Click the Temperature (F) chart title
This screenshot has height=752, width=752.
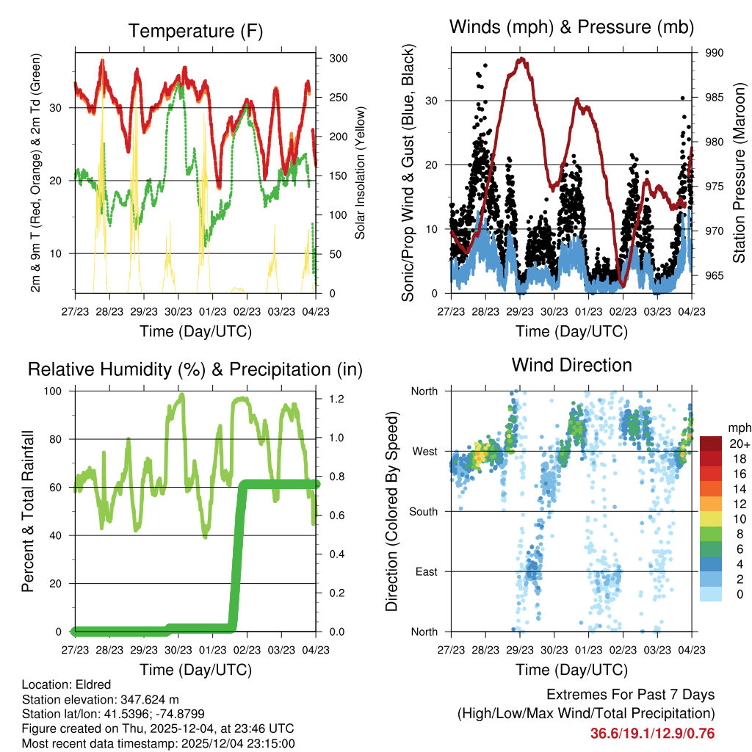[x=195, y=31]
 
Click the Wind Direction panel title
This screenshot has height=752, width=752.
[x=571, y=365]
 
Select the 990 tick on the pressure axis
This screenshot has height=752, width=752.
[x=715, y=53]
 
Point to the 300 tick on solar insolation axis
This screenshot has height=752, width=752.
[x=338, y=59]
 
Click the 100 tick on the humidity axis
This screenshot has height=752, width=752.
[x=55, y=391]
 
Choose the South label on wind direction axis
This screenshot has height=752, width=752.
[x=424, y=511]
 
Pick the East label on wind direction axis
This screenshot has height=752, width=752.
[x=427, y=571]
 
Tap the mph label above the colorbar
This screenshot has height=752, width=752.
[x=737, y=427]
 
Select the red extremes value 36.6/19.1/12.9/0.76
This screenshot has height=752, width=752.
[x=652, y=734]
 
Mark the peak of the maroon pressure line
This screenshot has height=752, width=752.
[x=521, y=59]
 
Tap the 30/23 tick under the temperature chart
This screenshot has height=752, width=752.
[x=178, y=312]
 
